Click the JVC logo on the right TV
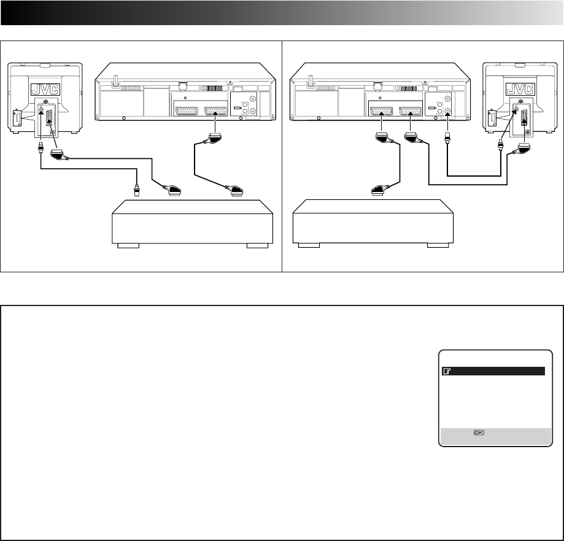(519, 88)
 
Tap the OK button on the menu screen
(478, 432)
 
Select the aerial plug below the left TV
(41, 147)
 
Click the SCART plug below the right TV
(524, 148)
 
